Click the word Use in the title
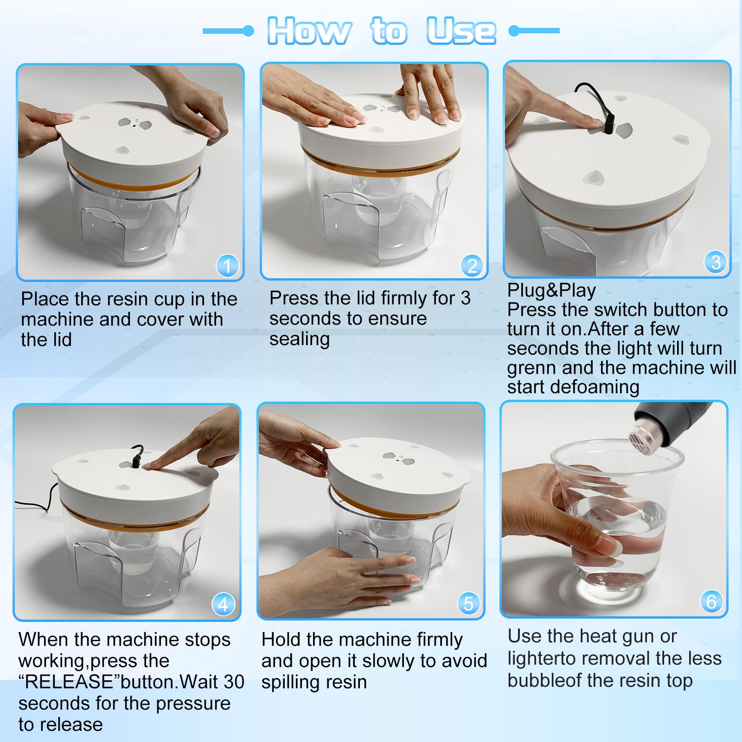click(461, 31)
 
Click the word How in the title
click(309, 31)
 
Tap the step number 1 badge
click(227, 266)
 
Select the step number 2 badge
click(472, 265)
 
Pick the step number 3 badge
click(716, 262)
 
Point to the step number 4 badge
click(223, 604)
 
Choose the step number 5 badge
click(468, 603)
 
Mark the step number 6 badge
click(711, 601)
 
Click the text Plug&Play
click(551, 290)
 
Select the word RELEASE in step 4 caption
click(69, 682)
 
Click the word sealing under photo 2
click(300, 339)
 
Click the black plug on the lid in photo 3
click(608, 124)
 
